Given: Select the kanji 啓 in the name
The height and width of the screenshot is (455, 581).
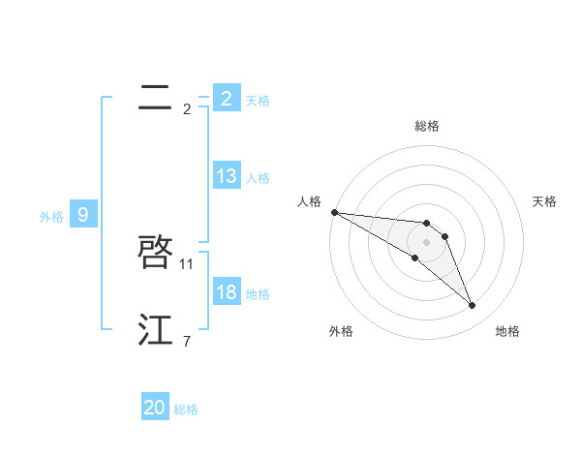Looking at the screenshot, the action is pos(156,253).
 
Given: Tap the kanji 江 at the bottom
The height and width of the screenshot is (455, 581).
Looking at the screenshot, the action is pos(156,330).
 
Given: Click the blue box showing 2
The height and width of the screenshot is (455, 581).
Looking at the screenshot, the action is pos(226,98).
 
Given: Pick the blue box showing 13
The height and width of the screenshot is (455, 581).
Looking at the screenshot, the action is pos(226,176).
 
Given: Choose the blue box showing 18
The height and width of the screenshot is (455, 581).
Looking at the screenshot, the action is pos(226,292).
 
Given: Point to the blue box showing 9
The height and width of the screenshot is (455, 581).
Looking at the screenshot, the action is pos(83,215).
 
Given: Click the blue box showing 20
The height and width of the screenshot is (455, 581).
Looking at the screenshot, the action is pos(155,408).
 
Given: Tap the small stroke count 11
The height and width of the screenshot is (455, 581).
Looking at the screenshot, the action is pos(187,263).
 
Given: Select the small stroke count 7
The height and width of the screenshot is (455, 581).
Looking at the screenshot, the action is pos(187,341).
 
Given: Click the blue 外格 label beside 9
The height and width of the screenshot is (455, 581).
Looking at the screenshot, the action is pos(51,217).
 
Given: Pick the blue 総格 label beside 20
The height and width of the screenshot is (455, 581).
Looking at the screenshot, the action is pos(186,409).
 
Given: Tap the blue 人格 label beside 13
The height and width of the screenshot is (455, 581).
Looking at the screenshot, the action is pos(258,178).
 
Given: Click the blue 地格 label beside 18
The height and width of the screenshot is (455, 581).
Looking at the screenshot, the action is pos(258,294).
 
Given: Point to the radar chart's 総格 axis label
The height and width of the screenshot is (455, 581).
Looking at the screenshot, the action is pos(427,126).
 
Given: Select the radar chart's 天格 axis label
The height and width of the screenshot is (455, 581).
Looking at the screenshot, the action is pos(545,201).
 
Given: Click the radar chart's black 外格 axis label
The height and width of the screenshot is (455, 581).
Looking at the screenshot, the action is pos(341,331).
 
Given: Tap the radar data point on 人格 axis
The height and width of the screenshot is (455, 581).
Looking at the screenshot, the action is pos(334,212).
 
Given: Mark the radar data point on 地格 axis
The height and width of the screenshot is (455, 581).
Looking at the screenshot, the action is pos(473,306).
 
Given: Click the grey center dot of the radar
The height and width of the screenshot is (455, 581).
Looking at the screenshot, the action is pos(427,242).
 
